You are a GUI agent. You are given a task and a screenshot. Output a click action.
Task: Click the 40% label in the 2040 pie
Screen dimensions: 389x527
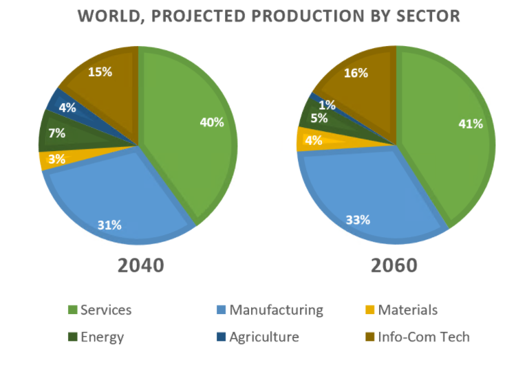[212, 122]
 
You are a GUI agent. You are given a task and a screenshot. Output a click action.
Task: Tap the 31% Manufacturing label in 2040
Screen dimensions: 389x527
[109, 225]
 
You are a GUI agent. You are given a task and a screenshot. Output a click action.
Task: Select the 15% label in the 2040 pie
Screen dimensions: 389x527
[100, 71]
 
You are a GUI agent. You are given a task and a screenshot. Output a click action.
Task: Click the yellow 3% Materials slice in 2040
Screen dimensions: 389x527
[52, 160]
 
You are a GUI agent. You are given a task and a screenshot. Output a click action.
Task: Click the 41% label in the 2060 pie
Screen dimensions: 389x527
[471, 124]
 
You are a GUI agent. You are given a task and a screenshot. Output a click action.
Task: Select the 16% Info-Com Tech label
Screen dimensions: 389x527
[356, 73]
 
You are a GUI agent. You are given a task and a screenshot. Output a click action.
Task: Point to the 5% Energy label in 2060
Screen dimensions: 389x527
[318, 118]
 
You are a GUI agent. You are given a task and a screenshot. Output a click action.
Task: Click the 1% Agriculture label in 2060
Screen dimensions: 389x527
[327, 105]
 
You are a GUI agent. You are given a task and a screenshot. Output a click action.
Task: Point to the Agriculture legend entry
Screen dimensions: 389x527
[264, 337]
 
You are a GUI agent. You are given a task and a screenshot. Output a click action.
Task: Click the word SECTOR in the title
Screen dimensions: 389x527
[422, 16]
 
